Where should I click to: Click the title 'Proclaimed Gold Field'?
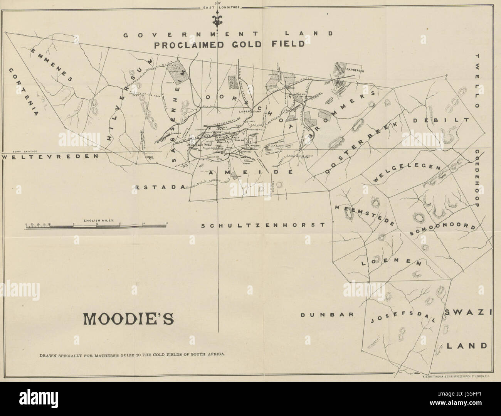coord(229,45)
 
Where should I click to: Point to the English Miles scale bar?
coord(96,225)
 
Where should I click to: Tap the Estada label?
coord(160,187)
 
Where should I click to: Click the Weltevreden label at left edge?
coord(50,157)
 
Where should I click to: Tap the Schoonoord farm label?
coord(442,228)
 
